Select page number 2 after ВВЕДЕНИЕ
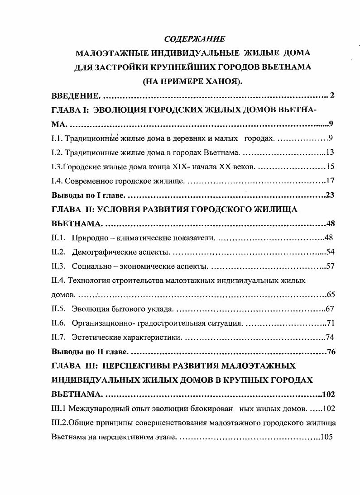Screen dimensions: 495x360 (332, 95)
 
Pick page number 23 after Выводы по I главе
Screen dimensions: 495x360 (330, 195)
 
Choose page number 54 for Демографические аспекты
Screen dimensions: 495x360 (330, 252)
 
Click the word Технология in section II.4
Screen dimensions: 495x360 (89, 281)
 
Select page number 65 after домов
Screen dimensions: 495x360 (330, 295)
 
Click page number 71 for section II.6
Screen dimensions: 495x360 (330, 324)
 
